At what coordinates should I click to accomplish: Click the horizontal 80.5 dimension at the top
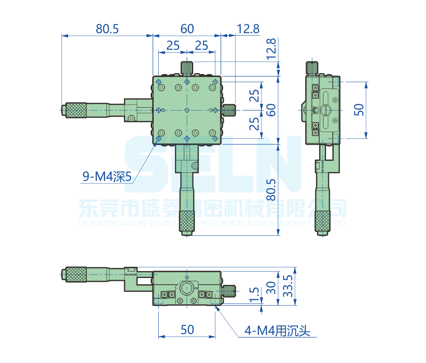point(107,29)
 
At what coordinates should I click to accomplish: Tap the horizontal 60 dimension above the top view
point(187,29)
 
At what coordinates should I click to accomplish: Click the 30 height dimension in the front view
point(272,288)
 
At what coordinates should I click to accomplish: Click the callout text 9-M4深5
point(107,177)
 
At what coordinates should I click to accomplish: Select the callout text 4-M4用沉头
point(277,330)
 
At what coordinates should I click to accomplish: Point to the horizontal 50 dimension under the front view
point(187,329)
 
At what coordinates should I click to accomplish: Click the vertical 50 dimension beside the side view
point(360,110)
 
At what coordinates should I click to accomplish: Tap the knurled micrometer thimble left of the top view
point(76,110)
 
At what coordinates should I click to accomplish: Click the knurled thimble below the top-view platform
point(187,220)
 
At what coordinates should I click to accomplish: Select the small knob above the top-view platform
point(187,67)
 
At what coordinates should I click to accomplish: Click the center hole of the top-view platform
point(187,110)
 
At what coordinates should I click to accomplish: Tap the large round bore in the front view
point(187,288)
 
